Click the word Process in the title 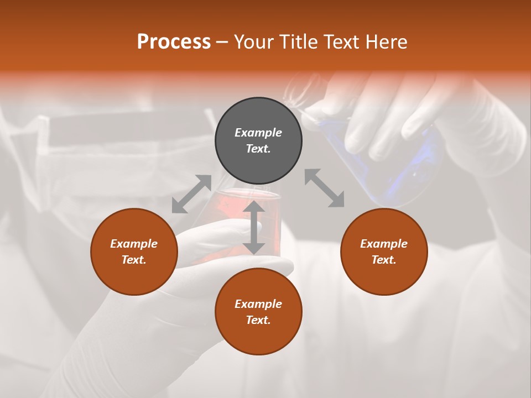coord(174,42)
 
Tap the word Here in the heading coord(385,42)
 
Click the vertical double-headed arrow coord(254,228)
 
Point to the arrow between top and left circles coord(191,194)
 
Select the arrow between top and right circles coord(325,188)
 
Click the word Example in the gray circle coord(258,133)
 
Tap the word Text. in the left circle coord(134,260)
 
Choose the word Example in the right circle coord(384,244)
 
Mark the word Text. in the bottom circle coord(258,320)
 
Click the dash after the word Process coord(222,43)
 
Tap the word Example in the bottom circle coord(258,304)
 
